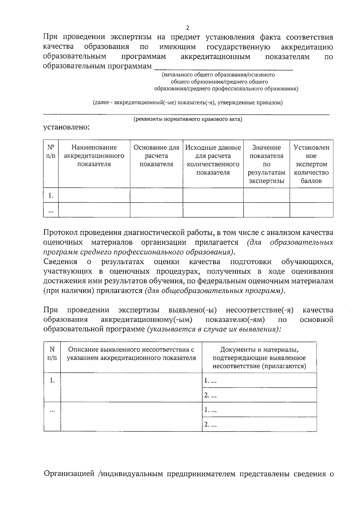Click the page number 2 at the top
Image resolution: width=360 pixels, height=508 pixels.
click(188, 28)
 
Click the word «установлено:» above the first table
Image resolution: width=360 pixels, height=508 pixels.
click(67, 127)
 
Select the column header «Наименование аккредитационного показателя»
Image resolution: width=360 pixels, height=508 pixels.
click(94, 156)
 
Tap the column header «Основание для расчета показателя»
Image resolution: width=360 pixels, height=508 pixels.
click(156, 156)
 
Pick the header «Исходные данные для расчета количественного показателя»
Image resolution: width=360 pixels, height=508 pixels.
click(213, 160)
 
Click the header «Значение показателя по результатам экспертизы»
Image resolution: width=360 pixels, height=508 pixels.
click(266, 164)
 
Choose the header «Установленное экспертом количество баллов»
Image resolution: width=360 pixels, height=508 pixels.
click(311, 164)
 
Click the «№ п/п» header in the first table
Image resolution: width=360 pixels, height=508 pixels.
click(51, 152)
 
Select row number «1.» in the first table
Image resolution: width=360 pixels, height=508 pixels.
click(51, 196)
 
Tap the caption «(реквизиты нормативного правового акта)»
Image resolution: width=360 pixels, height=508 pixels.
click(188, 119)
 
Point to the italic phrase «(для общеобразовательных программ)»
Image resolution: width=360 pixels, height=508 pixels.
click(215, 291)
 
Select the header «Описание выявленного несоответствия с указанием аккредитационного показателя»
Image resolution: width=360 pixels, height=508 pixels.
click(131, 354)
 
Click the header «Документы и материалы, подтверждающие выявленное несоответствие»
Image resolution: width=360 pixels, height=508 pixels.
click(259, 358)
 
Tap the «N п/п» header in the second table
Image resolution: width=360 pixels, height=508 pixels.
click(52, 354)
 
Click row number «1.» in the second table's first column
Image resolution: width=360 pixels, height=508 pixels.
click(52, 380)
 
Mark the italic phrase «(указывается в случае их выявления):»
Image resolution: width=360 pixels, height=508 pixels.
click(214, 329)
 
